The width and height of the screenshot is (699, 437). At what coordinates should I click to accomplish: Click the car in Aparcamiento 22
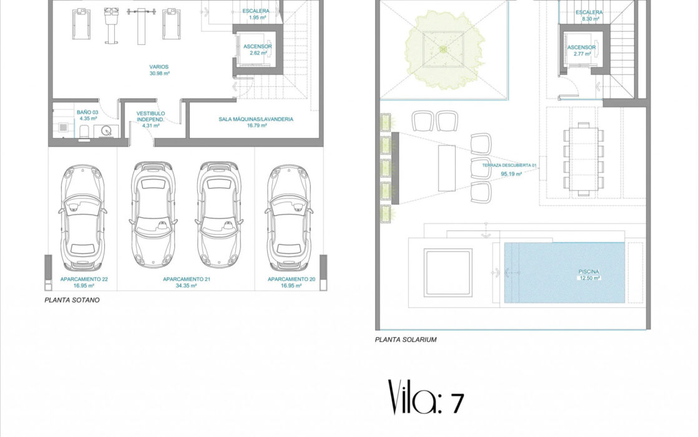pyautogui.click(x=82, y=218)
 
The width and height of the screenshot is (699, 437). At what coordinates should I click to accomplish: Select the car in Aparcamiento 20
pyautogui.click(x=289, y=218)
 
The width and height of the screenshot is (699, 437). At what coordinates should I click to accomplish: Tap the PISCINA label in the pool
pyautogui.click(x=589, y=272)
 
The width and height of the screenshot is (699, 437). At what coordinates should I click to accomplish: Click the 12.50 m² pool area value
pyautogui.click(x=589, y=278)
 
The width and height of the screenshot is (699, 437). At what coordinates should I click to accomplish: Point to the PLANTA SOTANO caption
pyautogui.click(x=72, y=300)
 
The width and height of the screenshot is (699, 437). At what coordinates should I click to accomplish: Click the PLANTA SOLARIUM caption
pyautogui.click(x=406, y=340)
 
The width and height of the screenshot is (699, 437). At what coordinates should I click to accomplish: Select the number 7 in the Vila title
pyautogui.click(x=457, y=403)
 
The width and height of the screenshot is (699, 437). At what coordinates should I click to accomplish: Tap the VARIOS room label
pyautogui.click(x=159, y=67)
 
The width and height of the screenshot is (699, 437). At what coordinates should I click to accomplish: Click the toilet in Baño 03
pyautogui.click(x=84, y=133)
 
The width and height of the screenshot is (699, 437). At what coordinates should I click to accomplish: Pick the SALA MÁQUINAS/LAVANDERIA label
pyautogui.click(x=256, y=119)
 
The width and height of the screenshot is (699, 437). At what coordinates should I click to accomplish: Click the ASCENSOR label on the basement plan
pyautogui.click(x=258, y=46)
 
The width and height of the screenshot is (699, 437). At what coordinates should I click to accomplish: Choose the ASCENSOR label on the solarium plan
pyautogui.click(x=581, y=47)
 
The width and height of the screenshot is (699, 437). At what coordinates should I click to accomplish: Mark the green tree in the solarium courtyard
pyautogui.click(x=444, y=49)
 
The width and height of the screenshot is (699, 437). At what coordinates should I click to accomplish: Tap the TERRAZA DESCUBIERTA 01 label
pyautogui.click(x=509, y=165)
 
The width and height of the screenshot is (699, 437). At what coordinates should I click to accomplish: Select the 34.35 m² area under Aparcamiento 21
pyautogui.click(x=187, y=286)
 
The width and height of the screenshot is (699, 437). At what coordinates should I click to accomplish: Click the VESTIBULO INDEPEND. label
pyautogui.click(x=150, y=116)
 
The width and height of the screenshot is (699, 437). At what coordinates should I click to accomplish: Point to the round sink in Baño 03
pyautogui.click(x=106, y=130)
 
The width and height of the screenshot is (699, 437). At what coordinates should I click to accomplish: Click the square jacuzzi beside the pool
pyautogui.click(x=448, y=272)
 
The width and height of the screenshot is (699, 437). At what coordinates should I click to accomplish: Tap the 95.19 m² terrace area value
pyautogui.click(x=511, y=174)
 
